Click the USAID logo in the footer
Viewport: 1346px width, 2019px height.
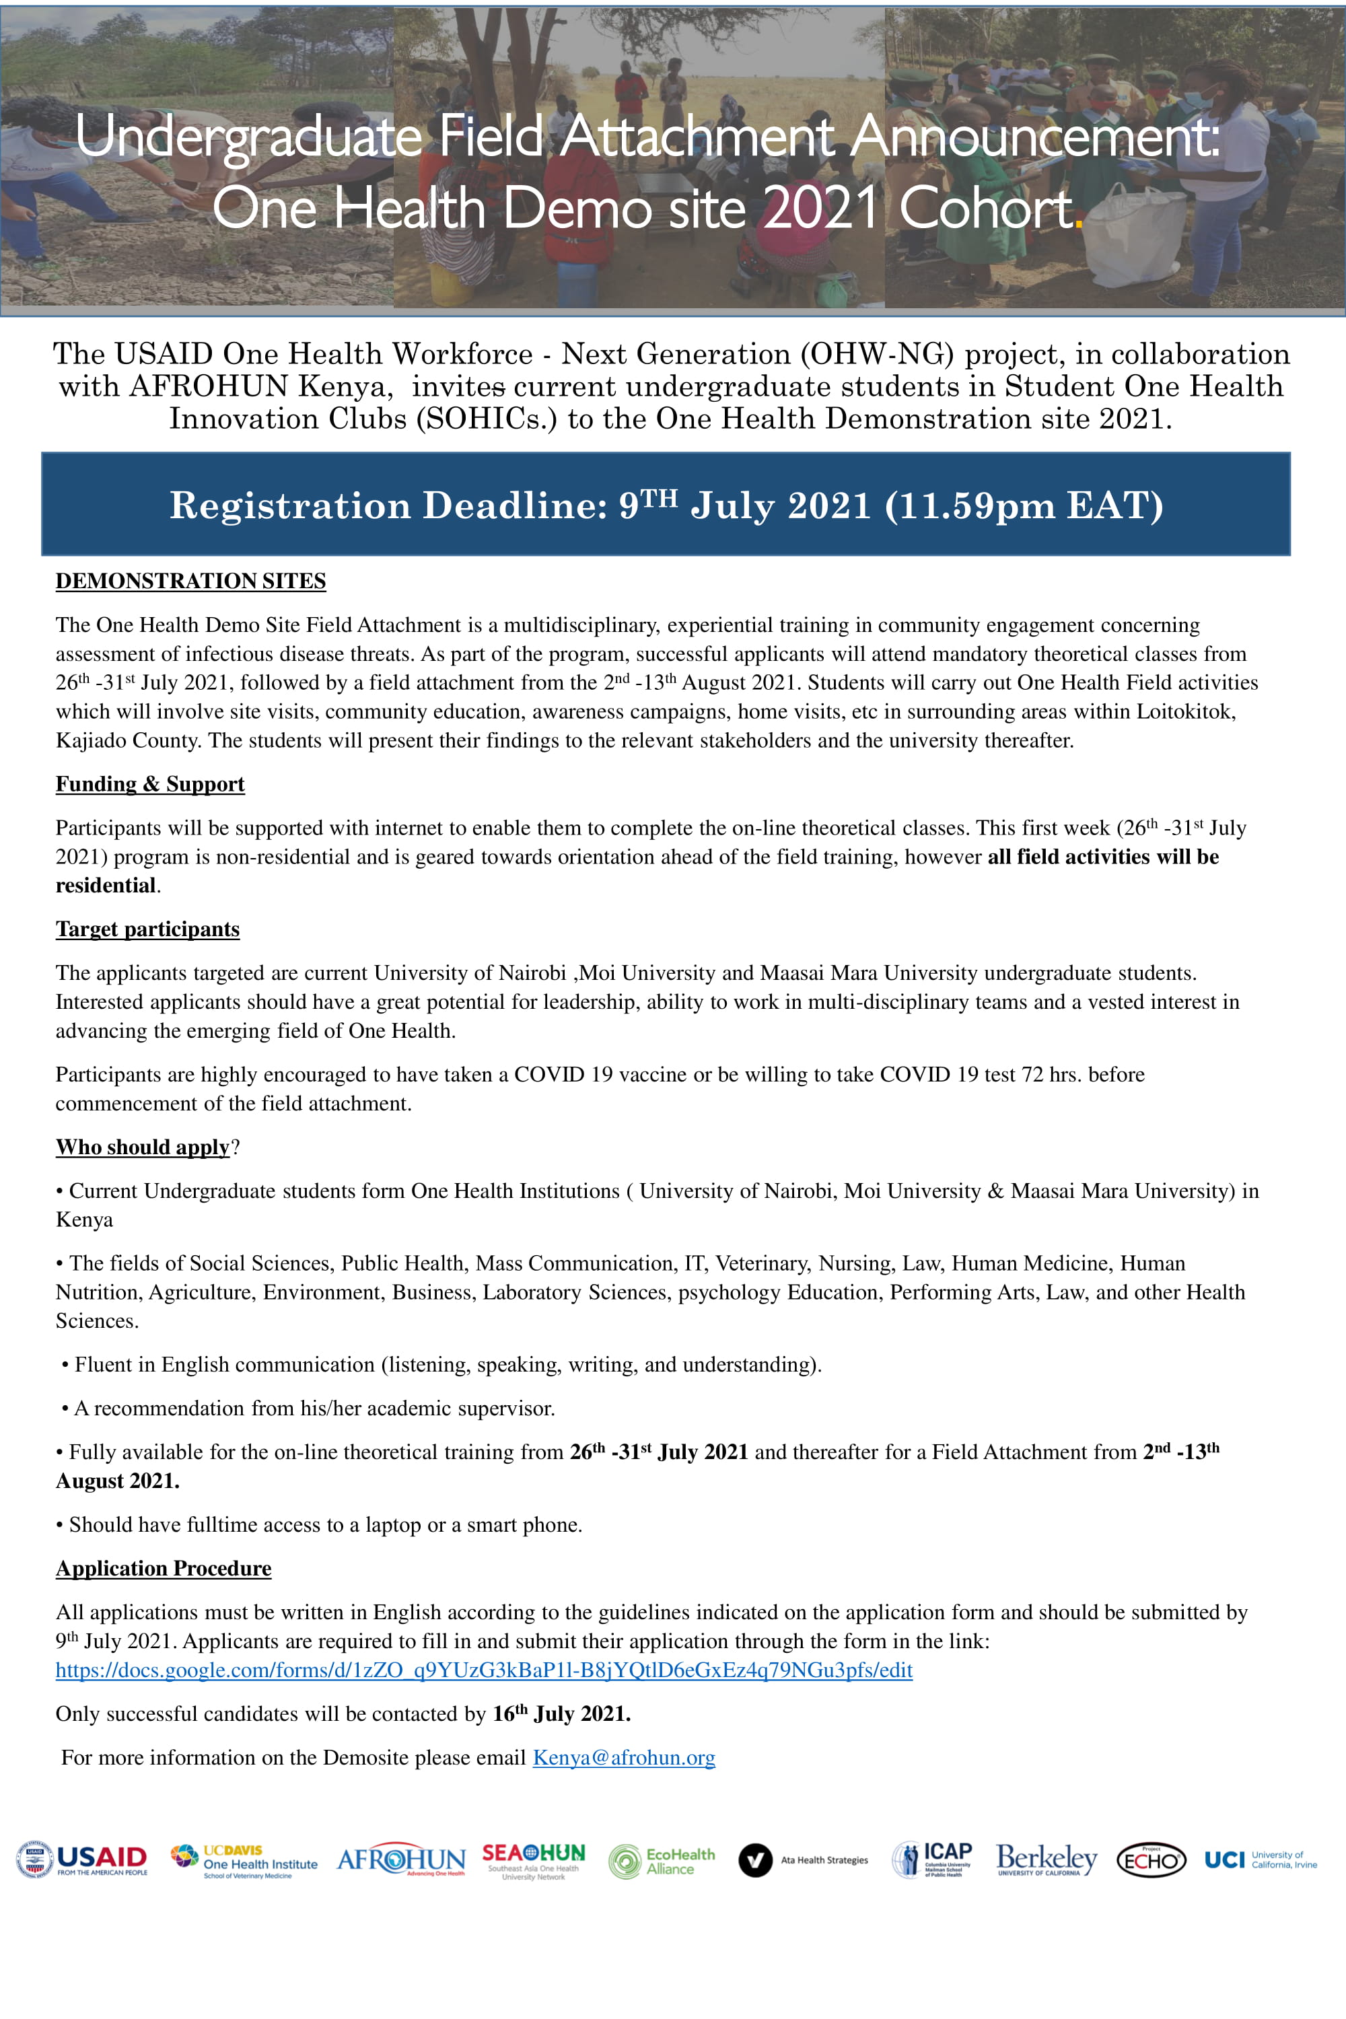tap(82, 1859)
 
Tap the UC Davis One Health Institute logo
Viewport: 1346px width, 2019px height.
tap(245, 1860)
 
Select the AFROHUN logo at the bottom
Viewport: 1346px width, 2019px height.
tap(401, 1859)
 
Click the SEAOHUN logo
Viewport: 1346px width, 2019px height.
tap(533, 1860)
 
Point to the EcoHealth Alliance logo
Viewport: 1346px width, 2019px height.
tap(662, 1861)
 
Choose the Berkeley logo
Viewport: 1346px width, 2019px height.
tap(1047, 1859)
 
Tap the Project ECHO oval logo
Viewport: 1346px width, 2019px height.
tap(1151, 1860)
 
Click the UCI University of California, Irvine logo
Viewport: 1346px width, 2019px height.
tap(1260, 1859)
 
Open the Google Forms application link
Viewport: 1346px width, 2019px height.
tap(484, 1670)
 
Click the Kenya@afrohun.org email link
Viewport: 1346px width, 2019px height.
tap(624, 1757)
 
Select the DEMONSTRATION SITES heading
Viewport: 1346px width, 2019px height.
tap(190, 581)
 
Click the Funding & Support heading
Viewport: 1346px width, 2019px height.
tap(150, 784)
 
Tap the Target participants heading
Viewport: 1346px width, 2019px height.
tap(147, 929)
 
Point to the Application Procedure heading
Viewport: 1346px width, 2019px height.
tap(163, 1568)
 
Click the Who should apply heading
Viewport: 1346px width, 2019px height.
tap(143, 1147)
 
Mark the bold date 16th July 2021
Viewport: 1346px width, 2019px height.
tap(561, 1713)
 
